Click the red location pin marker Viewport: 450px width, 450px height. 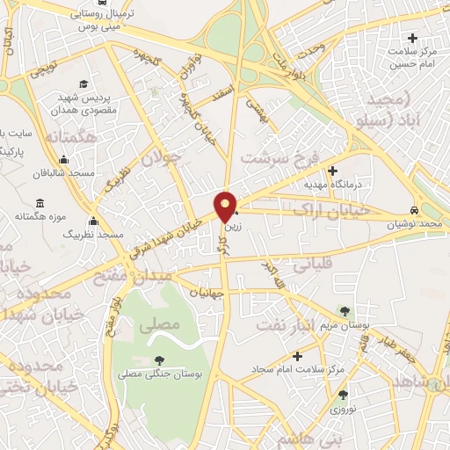pos(227,207)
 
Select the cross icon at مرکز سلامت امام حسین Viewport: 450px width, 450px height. pos(412,38)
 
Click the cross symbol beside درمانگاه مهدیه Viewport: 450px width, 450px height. pos(332,171)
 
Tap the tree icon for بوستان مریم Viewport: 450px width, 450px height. pos(344,311)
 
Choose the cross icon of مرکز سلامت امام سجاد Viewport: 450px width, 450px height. pos(298,356)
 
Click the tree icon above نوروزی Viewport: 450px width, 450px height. pos(343,395)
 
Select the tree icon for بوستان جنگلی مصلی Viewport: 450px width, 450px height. pos(159,360)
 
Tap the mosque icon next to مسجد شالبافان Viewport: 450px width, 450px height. pos(63,160)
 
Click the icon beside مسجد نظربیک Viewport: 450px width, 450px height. pos(92,221)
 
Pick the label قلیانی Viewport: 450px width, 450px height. pos(311,262)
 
